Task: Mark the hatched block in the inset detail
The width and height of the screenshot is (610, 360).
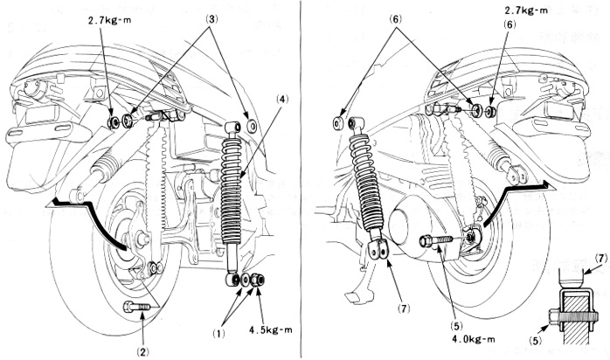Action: click(x=572, y=314)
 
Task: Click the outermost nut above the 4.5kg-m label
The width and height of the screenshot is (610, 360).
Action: click(x=260, y=281)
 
